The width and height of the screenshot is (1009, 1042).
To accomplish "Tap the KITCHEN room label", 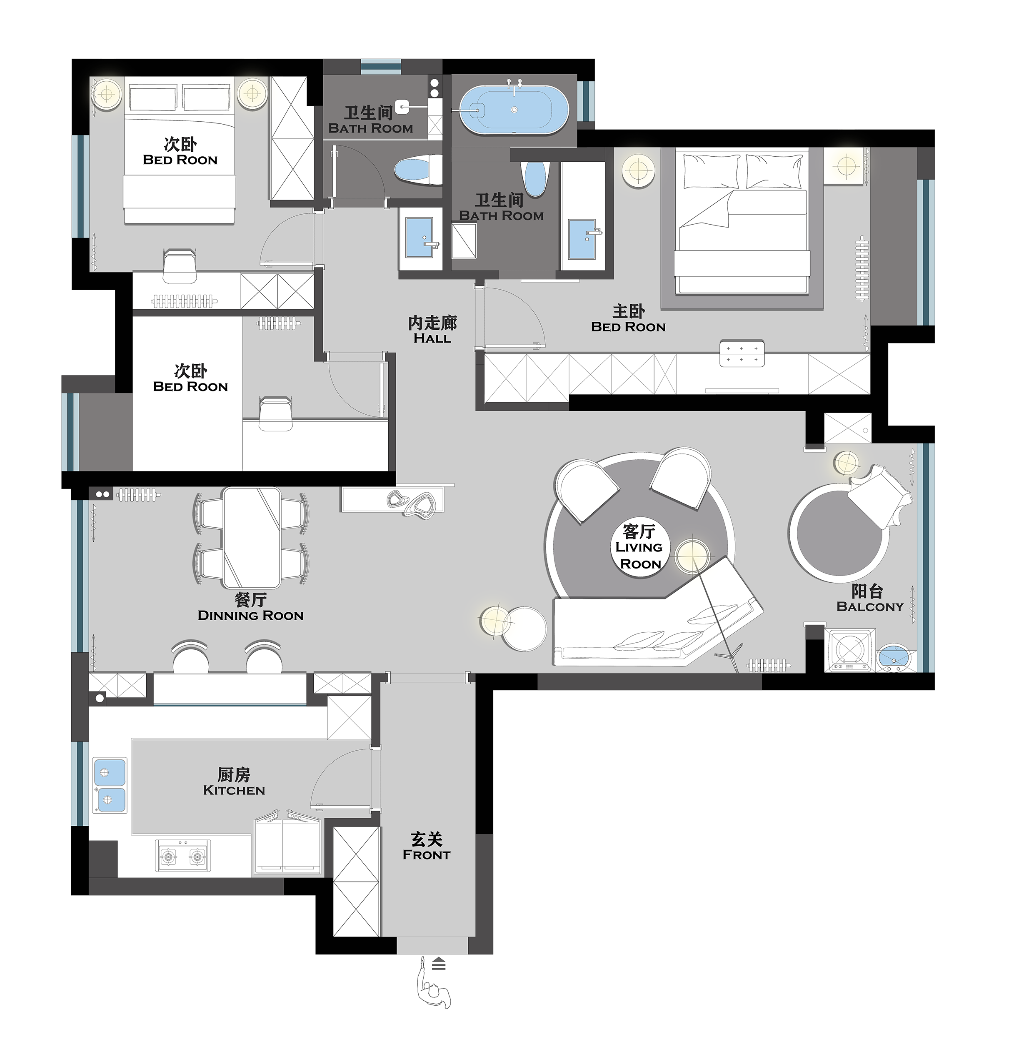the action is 234,791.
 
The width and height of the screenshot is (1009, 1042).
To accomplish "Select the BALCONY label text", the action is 870,606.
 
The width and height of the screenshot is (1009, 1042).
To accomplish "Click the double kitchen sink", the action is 110,785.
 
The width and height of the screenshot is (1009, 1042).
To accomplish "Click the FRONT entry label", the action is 427,855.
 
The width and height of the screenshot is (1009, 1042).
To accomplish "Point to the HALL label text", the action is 432,338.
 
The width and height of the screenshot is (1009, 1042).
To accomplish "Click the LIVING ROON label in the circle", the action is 639,556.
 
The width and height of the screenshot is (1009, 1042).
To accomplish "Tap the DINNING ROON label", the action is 250,616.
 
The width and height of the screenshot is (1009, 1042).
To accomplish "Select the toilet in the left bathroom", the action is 418,170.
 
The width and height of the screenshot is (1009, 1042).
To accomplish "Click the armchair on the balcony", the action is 879,494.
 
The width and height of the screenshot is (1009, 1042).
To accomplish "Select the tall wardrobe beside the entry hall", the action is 356,881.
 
